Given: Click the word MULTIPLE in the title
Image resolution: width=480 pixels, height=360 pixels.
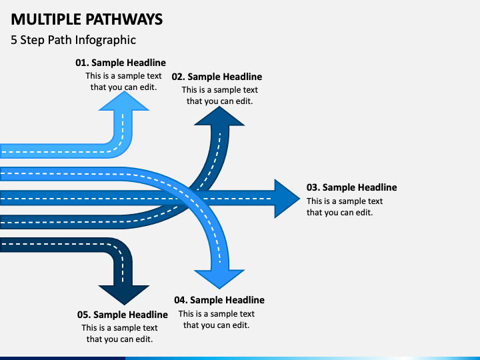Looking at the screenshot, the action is coord(46,19).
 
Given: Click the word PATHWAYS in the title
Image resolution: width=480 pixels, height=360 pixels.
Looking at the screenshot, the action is coord(124,19).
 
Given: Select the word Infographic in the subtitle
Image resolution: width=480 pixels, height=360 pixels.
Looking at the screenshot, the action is coord(105,40).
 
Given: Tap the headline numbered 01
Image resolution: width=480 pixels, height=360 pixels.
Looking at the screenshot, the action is coord(121,63).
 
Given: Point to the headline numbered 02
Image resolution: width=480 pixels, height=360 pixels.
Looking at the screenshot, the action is coord(217,77).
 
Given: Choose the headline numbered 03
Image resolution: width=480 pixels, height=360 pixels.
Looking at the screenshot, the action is coord(352,187).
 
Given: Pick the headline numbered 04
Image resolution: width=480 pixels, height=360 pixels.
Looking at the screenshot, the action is coord(219,300).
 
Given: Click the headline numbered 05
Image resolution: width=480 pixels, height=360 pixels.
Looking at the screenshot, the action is coord(123,315).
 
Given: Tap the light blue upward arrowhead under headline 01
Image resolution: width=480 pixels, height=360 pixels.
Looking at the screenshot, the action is coord(124,101).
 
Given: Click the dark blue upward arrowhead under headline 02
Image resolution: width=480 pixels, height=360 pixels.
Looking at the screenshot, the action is coord(219,117).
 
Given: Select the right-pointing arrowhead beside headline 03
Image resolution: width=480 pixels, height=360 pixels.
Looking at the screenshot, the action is coord(286,199).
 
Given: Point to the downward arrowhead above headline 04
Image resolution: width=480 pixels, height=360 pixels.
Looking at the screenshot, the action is coord(219,279).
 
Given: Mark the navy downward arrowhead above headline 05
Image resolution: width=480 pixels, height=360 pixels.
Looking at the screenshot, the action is coord(124,295).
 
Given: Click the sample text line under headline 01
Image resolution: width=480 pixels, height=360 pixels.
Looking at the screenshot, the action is coord(123,76).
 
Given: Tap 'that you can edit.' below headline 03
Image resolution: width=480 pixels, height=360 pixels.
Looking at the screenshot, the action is coord(340,213).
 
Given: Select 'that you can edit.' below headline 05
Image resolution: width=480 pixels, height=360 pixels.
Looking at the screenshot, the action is coord(120,339).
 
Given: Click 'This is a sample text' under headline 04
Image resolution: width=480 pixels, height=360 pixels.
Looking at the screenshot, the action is coord(217,314).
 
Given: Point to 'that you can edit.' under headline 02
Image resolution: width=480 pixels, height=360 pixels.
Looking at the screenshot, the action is coord(220,101).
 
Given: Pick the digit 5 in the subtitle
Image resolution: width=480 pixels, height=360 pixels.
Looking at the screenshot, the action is coord(14,40).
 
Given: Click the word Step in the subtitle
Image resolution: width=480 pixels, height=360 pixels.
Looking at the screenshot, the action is coord(32,40).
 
